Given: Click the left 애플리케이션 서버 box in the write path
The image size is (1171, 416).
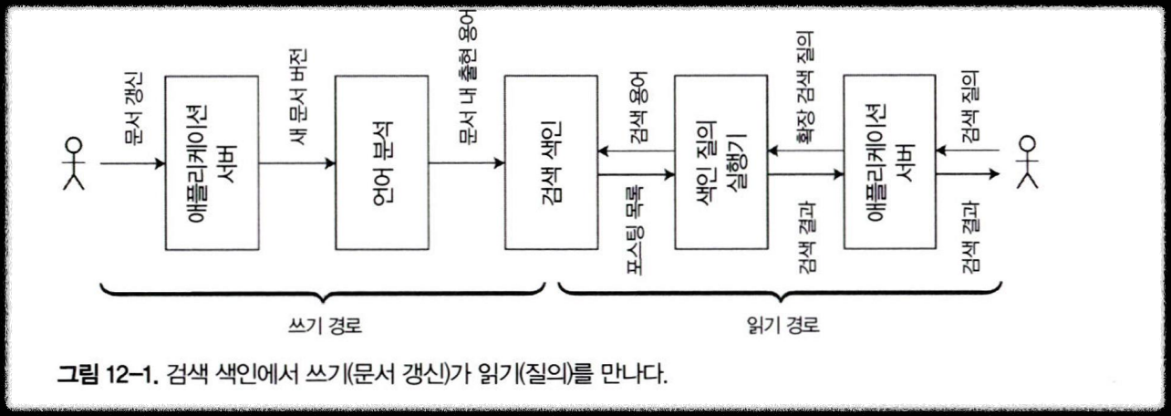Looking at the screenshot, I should pos(212,163).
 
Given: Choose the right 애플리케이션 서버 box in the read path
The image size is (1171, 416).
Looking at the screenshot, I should pos(890,163).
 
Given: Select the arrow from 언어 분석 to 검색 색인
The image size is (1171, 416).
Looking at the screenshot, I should pos(467,164).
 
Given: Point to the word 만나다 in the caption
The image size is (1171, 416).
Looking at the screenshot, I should pos(639,374).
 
